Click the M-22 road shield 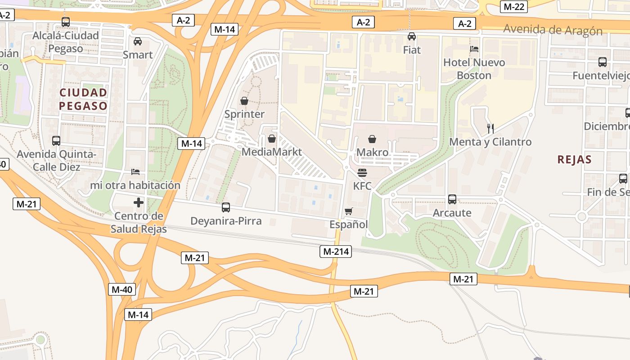[x=513, y=7]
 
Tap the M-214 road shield [x=336, y=252]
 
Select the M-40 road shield [x=121, y=289]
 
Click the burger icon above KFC [x=362, y=173]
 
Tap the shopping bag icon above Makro [x=372, y=139]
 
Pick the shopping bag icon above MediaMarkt [x=272, y=139]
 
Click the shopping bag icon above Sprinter [x=244, y=101]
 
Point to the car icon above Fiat [x=412, y=36]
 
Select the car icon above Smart [x=138, y=41]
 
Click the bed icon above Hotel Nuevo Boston [x=474, y=49]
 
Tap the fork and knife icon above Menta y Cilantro [x=490, y=129]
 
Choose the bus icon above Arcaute [x=452, y=199]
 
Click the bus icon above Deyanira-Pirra [x=226, y=207]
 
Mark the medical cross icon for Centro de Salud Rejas [x=139, y=202]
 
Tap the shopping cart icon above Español [x=348, y=211]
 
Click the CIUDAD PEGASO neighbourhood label [x=84, y=99]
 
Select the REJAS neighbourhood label [x=574, y=159]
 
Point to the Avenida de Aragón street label [x=553, y=30]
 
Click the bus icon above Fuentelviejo [x=603, y=62]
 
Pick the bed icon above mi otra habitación [x=135, y=171]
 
